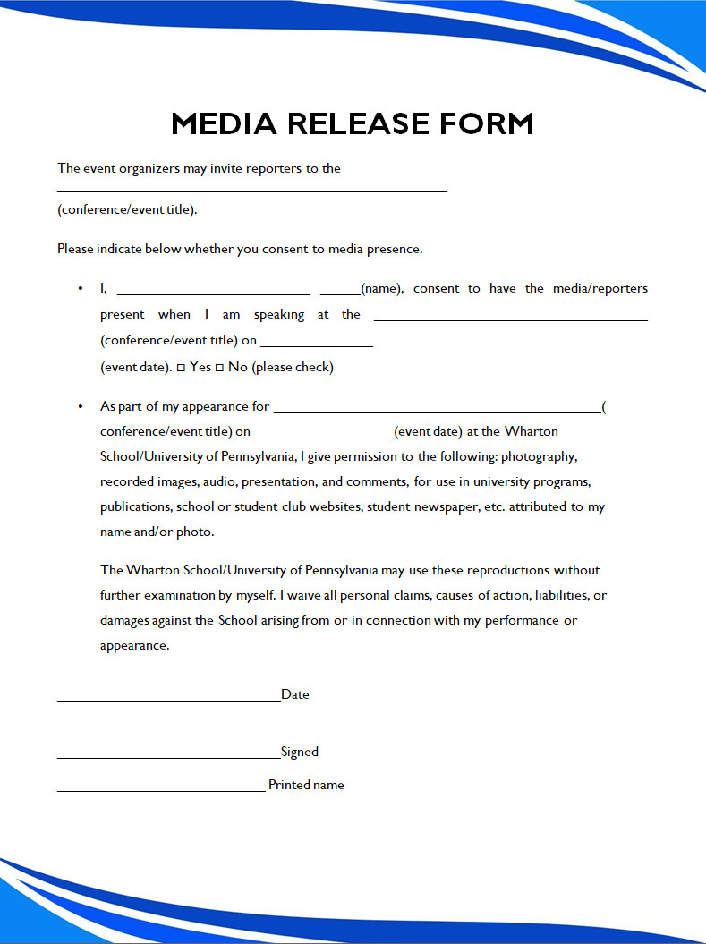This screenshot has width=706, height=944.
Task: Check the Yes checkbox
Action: (181, 368)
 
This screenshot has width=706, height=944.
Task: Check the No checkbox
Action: (219, 368)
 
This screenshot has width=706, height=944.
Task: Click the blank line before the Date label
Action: (168, 700)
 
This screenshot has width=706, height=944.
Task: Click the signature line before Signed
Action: (168, 757)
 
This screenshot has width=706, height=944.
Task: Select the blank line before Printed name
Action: (161, 790)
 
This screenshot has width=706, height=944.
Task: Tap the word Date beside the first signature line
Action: (295, 694)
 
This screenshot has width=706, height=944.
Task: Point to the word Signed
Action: (300, 752)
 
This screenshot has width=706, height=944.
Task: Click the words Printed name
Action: (306, 785)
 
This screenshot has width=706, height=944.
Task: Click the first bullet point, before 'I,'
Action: (81, 288)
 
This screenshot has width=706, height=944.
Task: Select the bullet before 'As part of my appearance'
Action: (81, 406)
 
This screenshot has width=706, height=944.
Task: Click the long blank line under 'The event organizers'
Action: (251, 191)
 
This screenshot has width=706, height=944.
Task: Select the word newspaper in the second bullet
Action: (510, 506)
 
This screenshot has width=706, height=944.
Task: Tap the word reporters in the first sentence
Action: (269, 168)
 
